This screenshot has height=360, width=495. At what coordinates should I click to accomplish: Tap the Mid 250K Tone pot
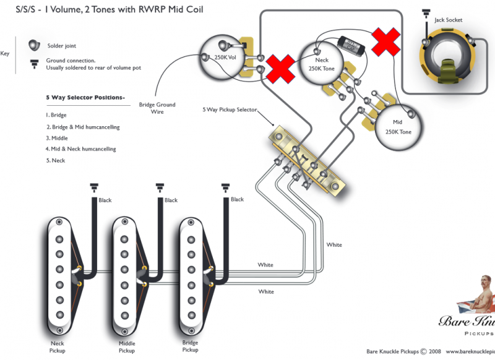coord(398,127)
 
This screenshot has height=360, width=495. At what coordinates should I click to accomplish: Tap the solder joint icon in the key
coord(33,46)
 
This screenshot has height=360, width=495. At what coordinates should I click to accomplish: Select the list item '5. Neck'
coord(55,160)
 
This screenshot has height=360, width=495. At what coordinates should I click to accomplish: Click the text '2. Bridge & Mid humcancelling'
coord(82,127)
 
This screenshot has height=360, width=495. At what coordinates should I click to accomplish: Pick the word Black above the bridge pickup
coord(237,200)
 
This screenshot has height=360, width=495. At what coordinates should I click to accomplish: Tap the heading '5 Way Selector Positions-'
coord(85,98)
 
